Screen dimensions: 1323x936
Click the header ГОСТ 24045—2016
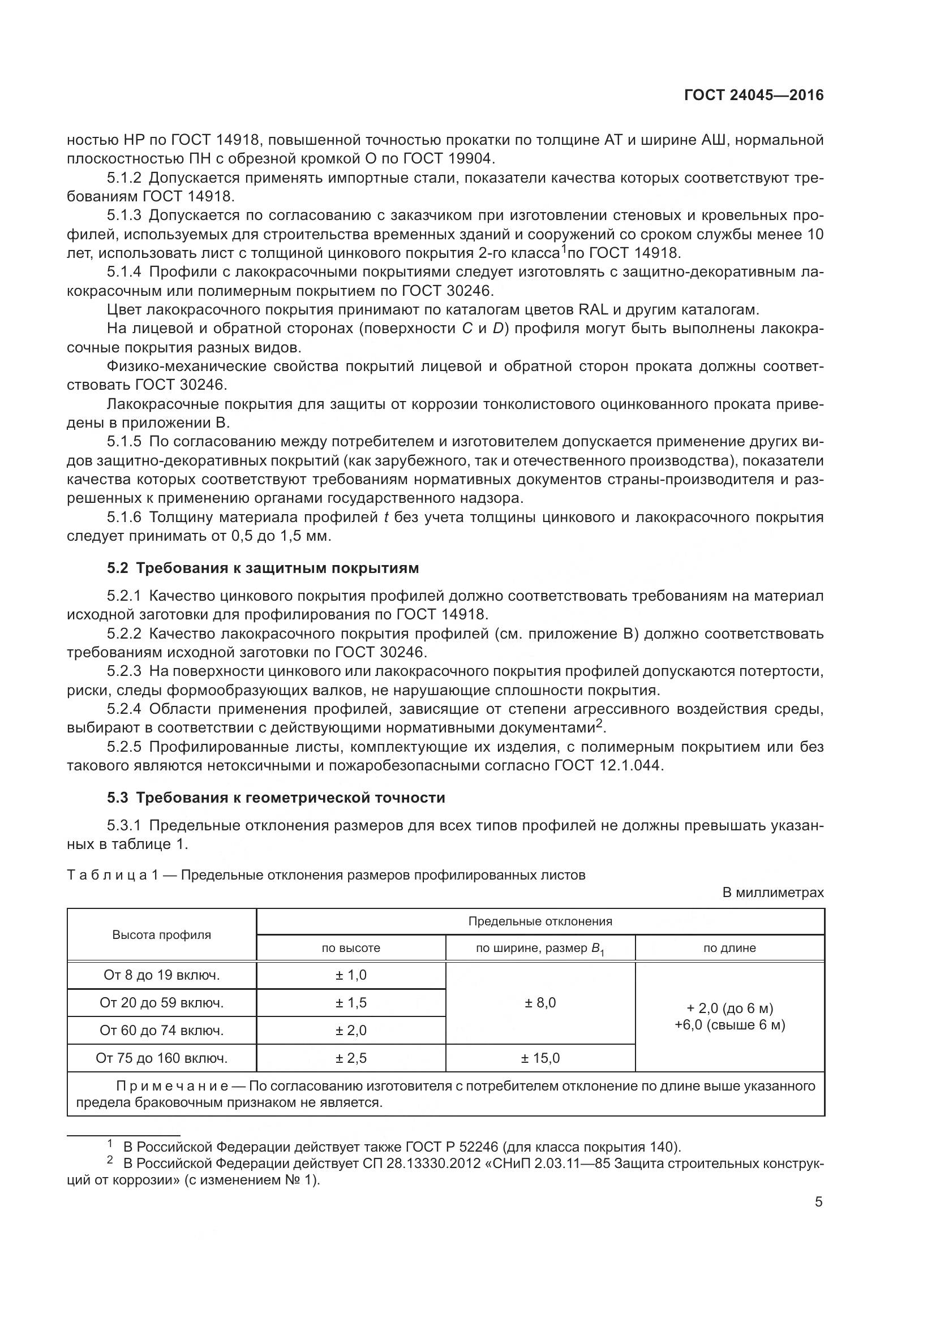(x=753, y=96)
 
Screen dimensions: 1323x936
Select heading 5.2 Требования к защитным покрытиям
(x=263, y=568)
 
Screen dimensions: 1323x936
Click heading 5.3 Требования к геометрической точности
(x=276, y=798)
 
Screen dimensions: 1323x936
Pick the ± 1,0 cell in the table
(x=350, y=975)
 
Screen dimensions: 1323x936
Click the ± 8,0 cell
(x=540, y=1003)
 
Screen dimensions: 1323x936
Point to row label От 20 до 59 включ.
(x=161, y=1003)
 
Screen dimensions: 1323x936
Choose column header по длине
(x=729, y=948)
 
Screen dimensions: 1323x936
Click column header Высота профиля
(x=161, y=934)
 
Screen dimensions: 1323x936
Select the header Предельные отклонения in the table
(x=540, y=921)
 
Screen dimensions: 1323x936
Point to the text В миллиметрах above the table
(x=773, y=893)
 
